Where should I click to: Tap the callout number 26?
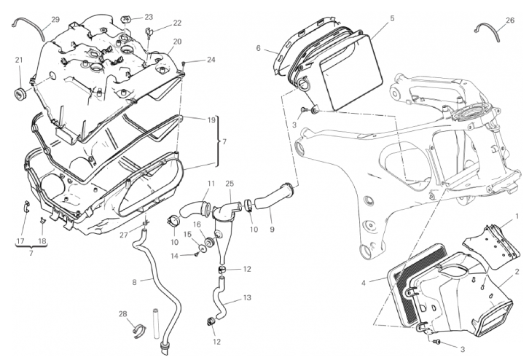pos(509,20)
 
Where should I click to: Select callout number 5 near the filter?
pos(392,17)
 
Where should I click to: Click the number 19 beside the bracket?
pos(211,120)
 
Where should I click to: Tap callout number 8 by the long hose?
pos(134,281)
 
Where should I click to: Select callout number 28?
pos(123,313)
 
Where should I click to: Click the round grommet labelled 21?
pos(20,94)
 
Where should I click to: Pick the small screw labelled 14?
pos(197,254)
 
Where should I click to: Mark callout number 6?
pos(258,48)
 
